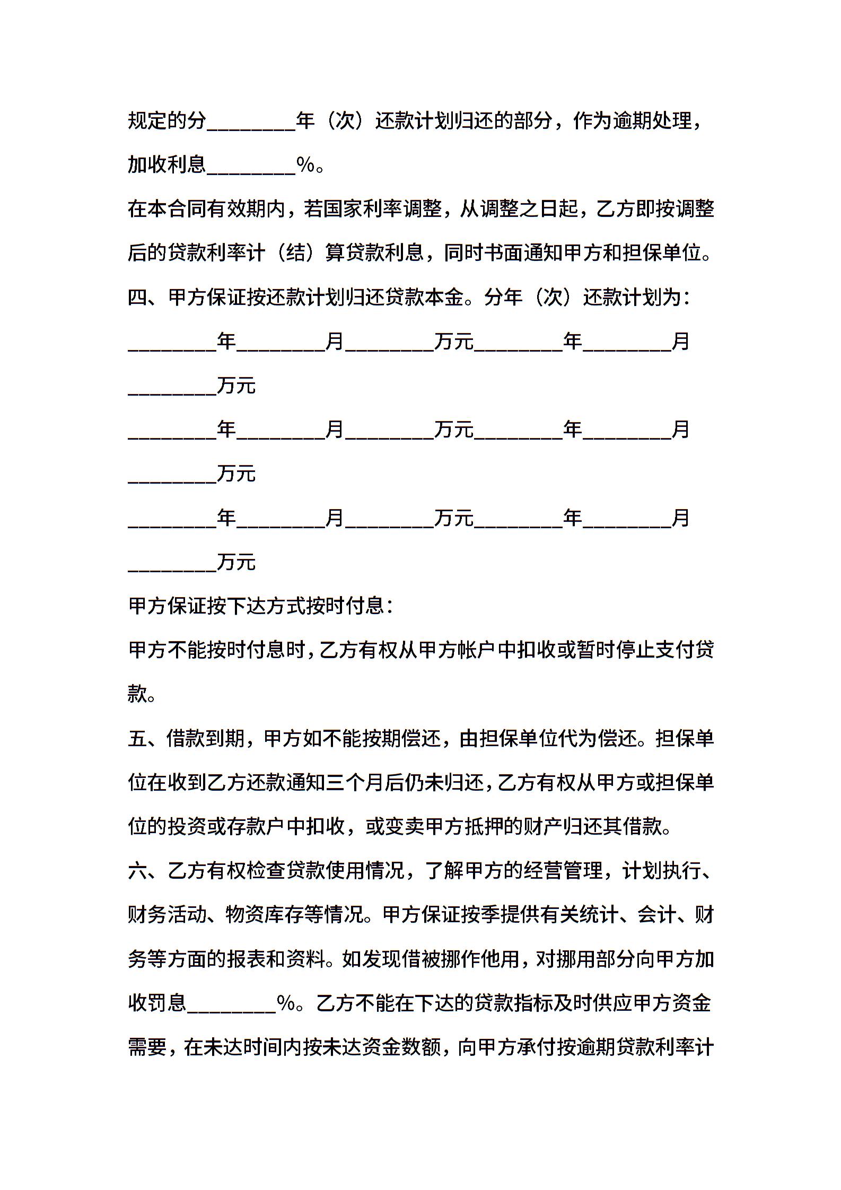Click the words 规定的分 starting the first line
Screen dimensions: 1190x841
pyautogui.click(x=167, y=121)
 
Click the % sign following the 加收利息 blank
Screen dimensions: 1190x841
pyautogui.click(x=305, y=165)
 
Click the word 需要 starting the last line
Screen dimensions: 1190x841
pyautogui.click(x=147, y=1047)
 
